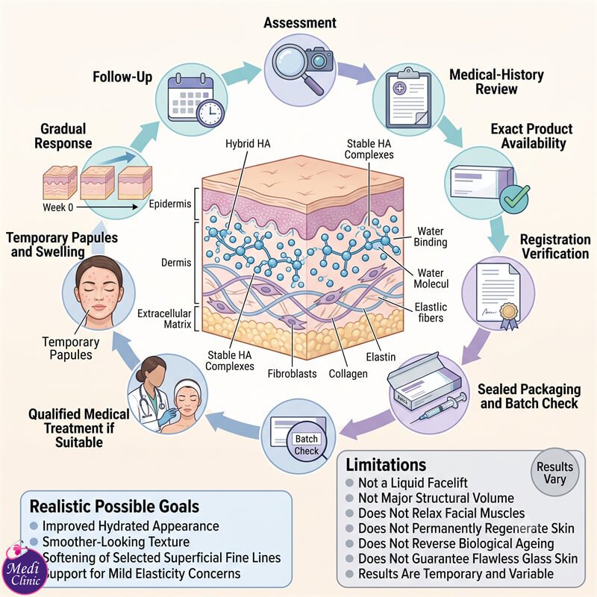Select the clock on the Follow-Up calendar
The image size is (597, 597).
pyautogui.click(x=210, y=113)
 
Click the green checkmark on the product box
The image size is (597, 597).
pyautogui.click(x=514, y=199)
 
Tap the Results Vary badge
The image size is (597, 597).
pyautogui.click(x=554, y=472)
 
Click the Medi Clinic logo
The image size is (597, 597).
pyautogui.click(x=24, y=570)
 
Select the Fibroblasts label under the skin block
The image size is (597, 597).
pyautogui.click(x=292, y=374)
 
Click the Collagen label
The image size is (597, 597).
pyautogui.click(x=348, y=374)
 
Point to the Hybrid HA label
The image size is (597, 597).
pyautogui.click(x=248, y=143)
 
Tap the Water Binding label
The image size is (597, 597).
pyautogui.click(x=431, y=237)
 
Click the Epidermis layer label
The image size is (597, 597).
pyautogui.click(x=170, y=204)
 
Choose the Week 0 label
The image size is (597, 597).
pyautogui.click(x=58, y=207)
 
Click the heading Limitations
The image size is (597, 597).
pyautogui.click(x=386, y=465)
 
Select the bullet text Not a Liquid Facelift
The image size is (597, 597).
pyautogui.click(x=413, y=483)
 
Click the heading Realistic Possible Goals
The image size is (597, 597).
pyautogui.click(x=114, y=507)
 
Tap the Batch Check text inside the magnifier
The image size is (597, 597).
pyautogui.click(x=306, y=445)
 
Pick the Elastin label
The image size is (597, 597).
pyautogui.click(x=381, y=357)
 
